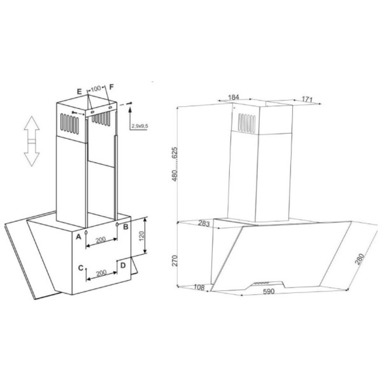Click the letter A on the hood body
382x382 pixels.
point(78,237)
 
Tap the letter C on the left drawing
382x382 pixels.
point(81,268)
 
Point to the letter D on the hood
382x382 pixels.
point(123,265)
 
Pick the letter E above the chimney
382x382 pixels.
point(79,91)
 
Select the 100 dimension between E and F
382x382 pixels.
point(95,89)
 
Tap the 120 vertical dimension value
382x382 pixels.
point(141,237)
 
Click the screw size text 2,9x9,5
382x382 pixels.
point(139,126)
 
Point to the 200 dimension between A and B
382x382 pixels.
point(101,240)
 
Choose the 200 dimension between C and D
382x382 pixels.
point(101,274)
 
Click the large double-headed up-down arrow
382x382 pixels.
point(32,141)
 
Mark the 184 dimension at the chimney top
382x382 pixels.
point(233,97)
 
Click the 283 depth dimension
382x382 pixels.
point(204,224)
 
